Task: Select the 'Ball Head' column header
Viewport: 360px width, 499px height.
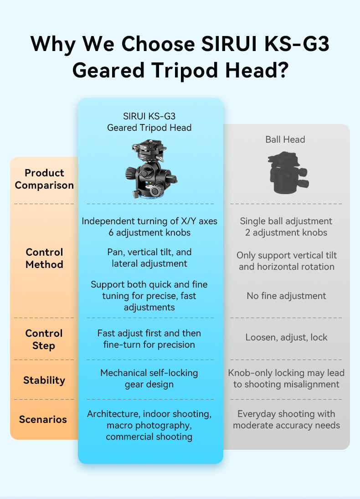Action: coord(285,139)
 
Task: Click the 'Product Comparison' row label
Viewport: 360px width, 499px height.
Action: coord(44,179)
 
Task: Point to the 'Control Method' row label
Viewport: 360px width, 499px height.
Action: coord(44,258)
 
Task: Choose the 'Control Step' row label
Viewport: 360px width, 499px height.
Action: coord(44,340)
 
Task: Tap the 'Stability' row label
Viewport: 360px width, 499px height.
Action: coord(44,380)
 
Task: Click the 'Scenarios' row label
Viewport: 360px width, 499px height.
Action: coord(43,419)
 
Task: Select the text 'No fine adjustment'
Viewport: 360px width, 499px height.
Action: coord(286,296)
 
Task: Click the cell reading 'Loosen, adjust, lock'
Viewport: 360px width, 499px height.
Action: coord(286,337)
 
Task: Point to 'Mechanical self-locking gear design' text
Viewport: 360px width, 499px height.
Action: coord(149,379)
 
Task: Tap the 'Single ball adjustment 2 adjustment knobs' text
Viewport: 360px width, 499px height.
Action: coord(286,226)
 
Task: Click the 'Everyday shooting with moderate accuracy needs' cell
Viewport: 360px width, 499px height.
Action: coord(286,420)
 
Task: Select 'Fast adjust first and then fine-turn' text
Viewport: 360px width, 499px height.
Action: coord(149,339)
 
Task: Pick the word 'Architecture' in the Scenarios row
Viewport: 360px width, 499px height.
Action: coord(113,414)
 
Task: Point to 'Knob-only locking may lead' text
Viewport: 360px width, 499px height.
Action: coord(286,373)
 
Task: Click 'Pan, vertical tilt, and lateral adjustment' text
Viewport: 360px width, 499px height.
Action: coord(149,257)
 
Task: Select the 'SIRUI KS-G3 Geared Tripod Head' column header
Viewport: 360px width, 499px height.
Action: coord(149,122)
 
